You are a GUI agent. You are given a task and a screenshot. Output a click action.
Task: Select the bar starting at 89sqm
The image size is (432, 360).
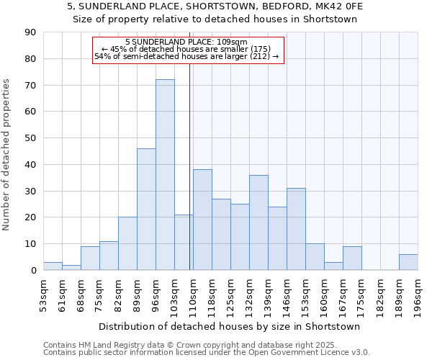coord(146,210)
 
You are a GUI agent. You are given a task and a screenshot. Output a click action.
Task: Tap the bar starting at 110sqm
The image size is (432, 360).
coord(202,220)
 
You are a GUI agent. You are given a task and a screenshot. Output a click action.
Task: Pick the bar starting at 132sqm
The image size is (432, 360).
coord(258,222)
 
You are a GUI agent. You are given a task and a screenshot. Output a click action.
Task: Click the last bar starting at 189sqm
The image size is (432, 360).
coord(408,262)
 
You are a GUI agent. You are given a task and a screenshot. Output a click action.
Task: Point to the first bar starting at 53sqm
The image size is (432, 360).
coord(53,266)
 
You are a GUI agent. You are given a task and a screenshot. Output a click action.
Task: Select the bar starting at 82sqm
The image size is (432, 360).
coord(127,243)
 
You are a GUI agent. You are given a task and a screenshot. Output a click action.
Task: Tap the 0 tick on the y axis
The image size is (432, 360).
coord(32,270)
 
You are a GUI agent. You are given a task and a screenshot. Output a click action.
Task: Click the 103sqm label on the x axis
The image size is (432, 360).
coord(175,294)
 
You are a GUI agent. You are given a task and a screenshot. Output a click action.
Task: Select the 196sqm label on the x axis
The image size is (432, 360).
coord(418,294)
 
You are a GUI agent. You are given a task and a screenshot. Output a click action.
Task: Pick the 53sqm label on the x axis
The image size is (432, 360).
coord(44,294)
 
